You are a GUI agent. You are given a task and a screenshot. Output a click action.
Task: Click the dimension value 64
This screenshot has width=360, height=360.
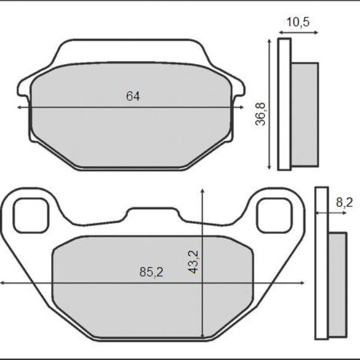[x=133, y=96]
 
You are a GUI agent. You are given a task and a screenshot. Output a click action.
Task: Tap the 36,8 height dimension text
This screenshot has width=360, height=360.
[x=260, y=113]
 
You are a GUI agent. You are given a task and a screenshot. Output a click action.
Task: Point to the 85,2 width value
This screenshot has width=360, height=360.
[x=151, y=272]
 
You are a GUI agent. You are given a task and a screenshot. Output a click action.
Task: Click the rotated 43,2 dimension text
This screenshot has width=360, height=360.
[x=194, y=262]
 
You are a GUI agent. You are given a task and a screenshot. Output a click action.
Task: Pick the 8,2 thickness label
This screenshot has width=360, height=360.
[x=344, y=203]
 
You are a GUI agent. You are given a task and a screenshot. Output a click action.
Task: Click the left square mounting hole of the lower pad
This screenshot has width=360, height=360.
[x=30, y=215]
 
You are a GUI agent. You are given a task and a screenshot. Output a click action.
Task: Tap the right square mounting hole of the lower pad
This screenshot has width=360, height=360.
[x=273, y=215]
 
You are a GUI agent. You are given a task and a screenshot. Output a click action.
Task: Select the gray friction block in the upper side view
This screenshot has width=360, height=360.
[x=304, y=114]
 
